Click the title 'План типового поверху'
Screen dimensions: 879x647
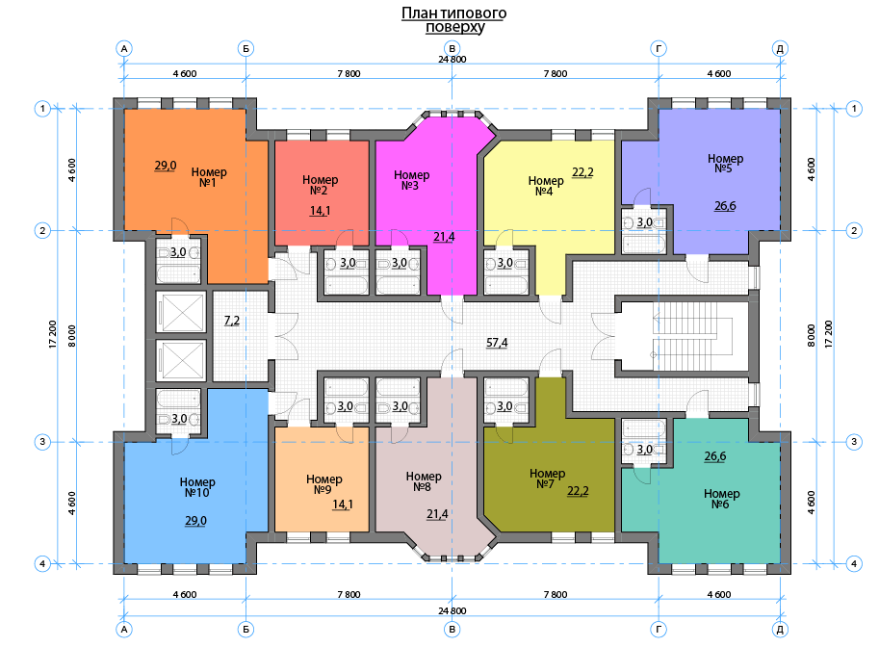pyautogui.click(x=454, y=20)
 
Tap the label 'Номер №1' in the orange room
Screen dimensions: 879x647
pyautogui.click(x=209, y=177)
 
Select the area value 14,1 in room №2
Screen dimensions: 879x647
pyautogui.click(x=320, y=211)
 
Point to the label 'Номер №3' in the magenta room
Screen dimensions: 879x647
pyautogui.click(x=411, y=181)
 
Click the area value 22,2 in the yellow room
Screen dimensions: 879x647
pyautogui.click(x=582, y=172)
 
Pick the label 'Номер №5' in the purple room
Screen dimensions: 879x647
pyautogui.click(x=725, y=164)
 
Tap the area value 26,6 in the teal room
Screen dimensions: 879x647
pyautogui.click(x=715, y=456)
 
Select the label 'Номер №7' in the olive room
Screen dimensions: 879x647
pyautogui.click(x=547, y=479)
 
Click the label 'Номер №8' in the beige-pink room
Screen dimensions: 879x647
pyautogui.click(x=424, y=481)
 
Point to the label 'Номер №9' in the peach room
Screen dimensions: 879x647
pyautogui.click(x=324, y=484)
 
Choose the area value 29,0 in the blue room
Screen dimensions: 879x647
pyautogui.click(x=195, y=521)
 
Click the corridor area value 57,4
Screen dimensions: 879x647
pyautogui.click(x=497, y=343)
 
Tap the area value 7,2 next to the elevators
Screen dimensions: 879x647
pyautogui.click(x=231, y=321)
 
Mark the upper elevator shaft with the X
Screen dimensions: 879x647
pyautogui.click(x=180, y=312)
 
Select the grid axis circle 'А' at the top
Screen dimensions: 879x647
pyautogui.click(x=124, y=49)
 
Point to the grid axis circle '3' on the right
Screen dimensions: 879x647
pyautogui.click(x=854, y=442)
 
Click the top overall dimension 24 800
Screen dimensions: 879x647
pyautogui.click(x=452, y=60)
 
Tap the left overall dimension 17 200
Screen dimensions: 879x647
pyautogui.click(x=53, y=334)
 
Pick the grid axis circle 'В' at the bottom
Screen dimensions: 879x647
pyautogui.click(x=452, y=630)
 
